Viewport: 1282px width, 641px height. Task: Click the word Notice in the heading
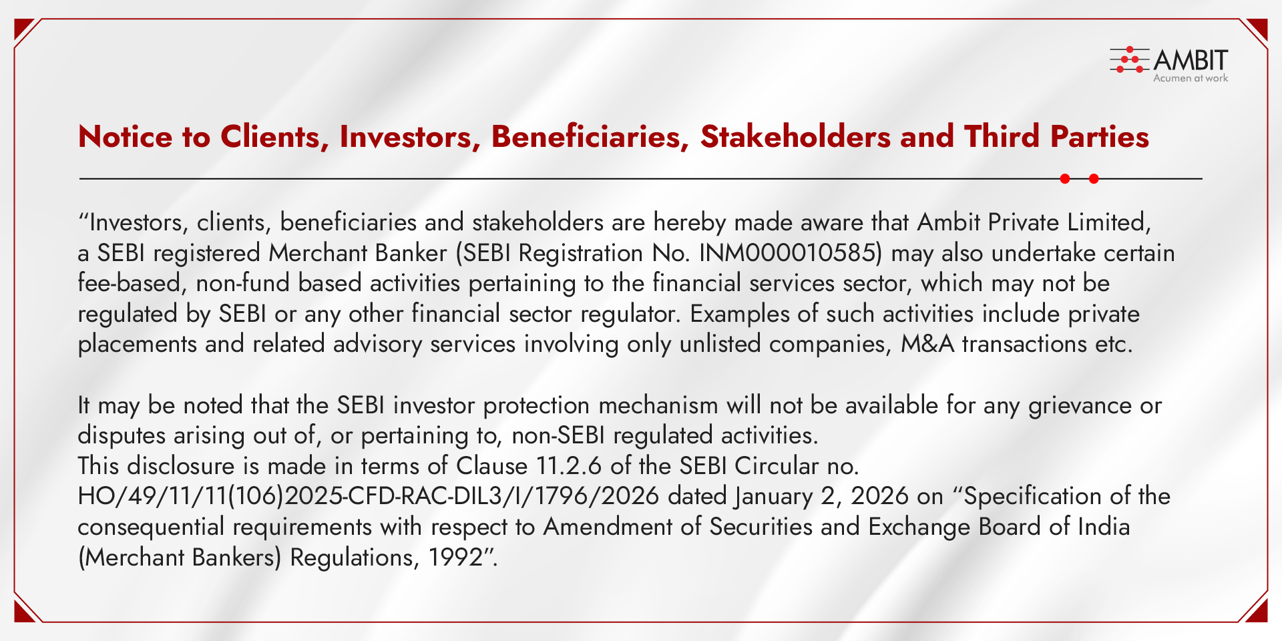click(x=126, y=137)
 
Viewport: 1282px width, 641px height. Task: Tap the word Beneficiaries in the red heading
click(x=590, y=137)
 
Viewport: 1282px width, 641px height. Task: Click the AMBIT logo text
click(x=1191, y=60)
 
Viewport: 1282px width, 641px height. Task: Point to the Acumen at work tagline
click(x=1191, y=78)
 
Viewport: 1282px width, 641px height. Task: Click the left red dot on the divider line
click(x=1065, y=179)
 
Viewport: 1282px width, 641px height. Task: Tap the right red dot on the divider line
click(x=1094, y=179)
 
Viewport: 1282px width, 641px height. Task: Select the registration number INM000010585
click(x=787, y=253)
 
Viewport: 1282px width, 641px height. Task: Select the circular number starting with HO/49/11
click(x=369, y=496)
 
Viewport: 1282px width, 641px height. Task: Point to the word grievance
click(x=1080, y=406)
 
